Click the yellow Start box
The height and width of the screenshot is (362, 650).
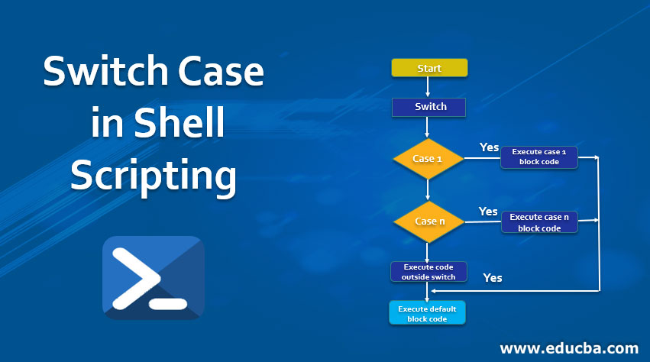[x=429, y=68]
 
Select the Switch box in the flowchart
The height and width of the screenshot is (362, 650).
[x=429, y=107]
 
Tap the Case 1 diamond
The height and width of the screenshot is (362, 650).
[x=428, y=159]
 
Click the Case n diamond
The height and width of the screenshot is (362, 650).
[x=429, y=221]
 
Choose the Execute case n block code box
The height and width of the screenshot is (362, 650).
[x=539, y=222]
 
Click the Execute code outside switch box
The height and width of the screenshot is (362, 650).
[x=428, y=272]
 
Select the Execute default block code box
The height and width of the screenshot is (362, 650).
[x=428, y=313]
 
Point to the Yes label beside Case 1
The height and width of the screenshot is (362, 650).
[x=489, y=147]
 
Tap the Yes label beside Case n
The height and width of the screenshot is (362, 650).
[x=488, y=211]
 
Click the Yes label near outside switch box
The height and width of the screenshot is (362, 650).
[x=493, y=277]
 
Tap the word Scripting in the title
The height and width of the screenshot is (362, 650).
[x=153, y=175]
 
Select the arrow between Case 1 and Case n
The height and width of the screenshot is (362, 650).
[x=428, y=190]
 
